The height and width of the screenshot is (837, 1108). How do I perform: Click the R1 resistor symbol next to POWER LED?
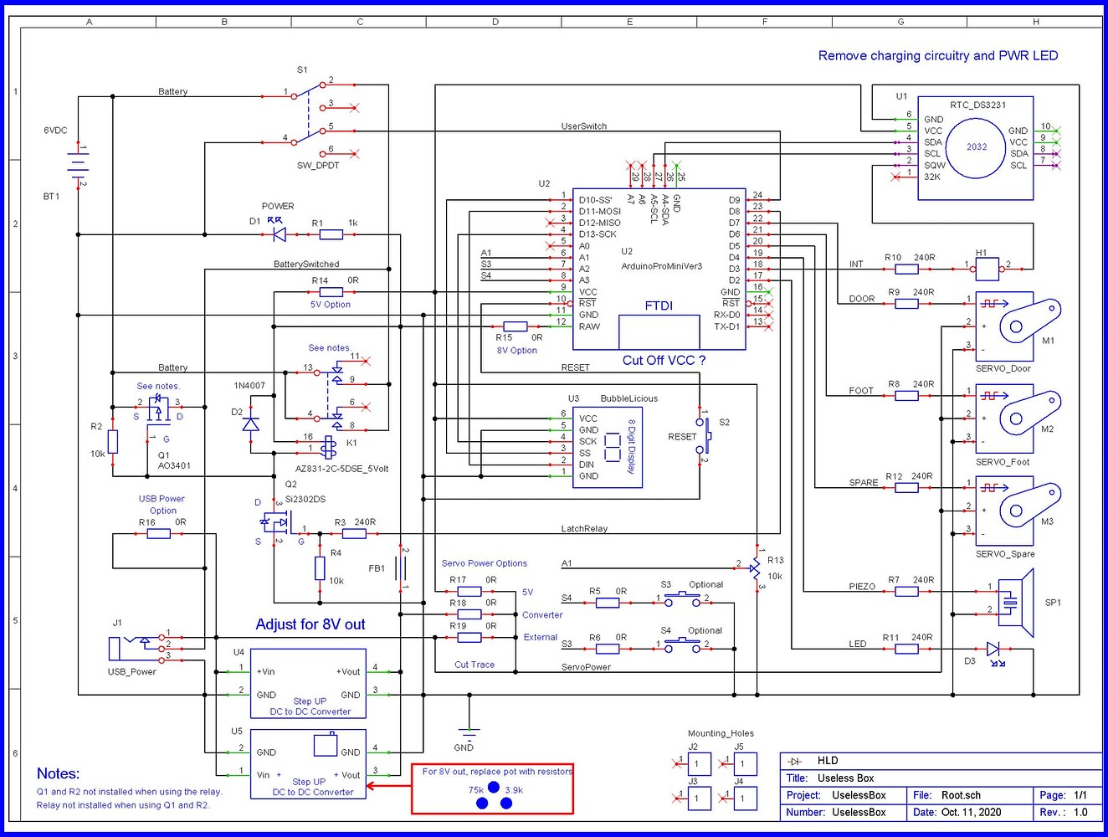pyautogui.click(x=331, y=234)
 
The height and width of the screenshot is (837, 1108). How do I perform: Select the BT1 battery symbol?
pyautogui.click(x=78, y=165)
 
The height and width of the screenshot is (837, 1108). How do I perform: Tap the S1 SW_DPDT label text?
pyautogui.click(x=318, y=166)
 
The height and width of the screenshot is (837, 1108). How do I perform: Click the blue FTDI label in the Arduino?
pyautogui.click(x=659, y=306)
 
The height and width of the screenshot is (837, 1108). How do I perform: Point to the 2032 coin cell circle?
pyautogui.click(x=977, y=147)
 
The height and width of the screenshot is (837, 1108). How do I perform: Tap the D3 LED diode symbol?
pyautogui.click(x=993, y=649)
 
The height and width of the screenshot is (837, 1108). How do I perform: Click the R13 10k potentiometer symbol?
pyautogui.click(x=755, y=568)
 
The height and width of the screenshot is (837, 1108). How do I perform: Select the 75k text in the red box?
pyautogui.click(x=476, y=789)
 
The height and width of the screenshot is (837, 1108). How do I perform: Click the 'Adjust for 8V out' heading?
pyautogui.click(x=310, y=624)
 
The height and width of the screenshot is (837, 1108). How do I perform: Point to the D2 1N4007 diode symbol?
pyautogui.click(x=250, y=424)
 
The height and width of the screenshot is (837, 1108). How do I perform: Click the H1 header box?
pyautogui.click(x=987, y=269)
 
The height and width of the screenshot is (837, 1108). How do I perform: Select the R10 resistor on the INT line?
pyautogui.click(x=906, y=269)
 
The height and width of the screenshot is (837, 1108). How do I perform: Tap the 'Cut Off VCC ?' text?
pyautogui.click(x=664, y=361)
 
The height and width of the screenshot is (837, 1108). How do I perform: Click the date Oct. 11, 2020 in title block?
pyautogui.click(x=971, y=812)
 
